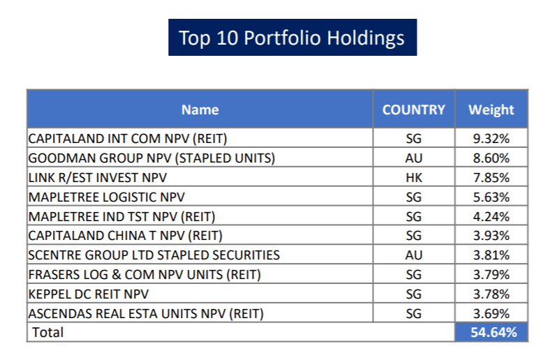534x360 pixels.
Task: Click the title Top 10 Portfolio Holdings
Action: (x=292, y=38)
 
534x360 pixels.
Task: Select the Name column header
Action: (x=200, y=110)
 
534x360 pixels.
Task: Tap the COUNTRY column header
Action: (x=413, y=110)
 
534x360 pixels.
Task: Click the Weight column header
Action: (x=491, y=110)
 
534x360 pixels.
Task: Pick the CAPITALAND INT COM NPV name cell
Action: (x=128, y=138)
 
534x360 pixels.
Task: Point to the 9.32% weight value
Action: (x=491, y=138)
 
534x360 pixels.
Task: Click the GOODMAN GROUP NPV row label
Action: (x=151, y=158)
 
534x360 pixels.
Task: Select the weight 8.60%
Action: (x=491, y=158)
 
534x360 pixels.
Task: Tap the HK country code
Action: (x=413, y=178)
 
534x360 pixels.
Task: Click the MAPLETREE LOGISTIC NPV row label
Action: (x=106, y=197)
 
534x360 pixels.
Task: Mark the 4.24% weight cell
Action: (x=491, y=216)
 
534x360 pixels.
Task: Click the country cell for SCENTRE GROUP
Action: (x=413, y=255)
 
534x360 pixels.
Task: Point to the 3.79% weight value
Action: (x=491, y=275)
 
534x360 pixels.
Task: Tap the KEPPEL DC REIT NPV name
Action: (x=89, y=294)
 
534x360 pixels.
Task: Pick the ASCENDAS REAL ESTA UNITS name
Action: (x=146, y=314)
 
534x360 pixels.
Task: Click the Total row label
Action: (x=46, y=333)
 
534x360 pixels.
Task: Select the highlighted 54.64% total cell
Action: (x=491, y=333)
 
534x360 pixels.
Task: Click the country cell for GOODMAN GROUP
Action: (x=413, y=158)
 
